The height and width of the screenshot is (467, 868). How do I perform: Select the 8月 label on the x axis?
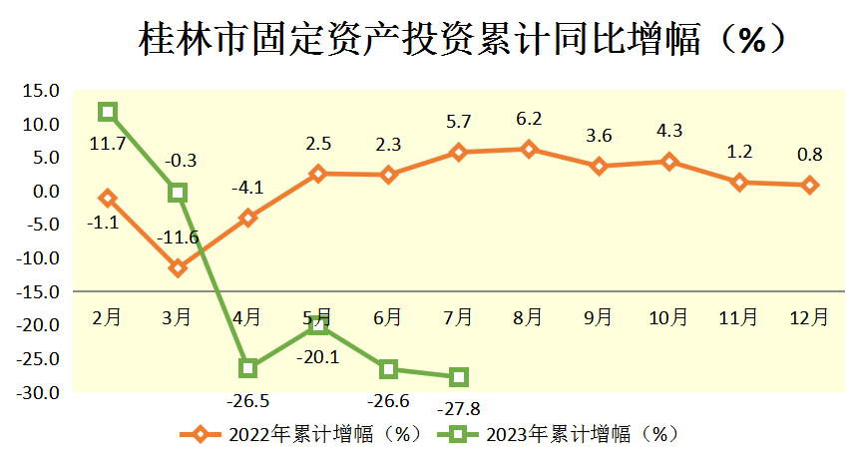tap(529, 317)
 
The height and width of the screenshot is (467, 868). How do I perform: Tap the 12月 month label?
tap(808, 317)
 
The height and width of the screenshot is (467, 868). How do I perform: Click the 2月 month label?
tap(107, 317)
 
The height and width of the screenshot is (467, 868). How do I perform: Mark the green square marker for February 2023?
tap(108, 112)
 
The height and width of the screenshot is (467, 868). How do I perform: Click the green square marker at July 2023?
tap(459, 377)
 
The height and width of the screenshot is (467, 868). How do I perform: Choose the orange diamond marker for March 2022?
tap(178, 268)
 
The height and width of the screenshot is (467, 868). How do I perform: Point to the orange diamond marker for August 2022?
tap(529, 150)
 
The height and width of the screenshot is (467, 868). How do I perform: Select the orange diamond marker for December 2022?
tap(809, 186)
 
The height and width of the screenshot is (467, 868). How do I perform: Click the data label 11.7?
tap(107, 144)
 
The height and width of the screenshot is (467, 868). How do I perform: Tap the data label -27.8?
tap(459, 408)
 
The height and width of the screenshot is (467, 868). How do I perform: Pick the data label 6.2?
tap(529, 119)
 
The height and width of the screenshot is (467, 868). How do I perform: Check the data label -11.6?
tap(178, 237)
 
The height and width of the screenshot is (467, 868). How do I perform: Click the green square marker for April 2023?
tap(248, 368)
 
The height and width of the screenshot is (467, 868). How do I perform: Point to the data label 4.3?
tap(668, 130)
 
